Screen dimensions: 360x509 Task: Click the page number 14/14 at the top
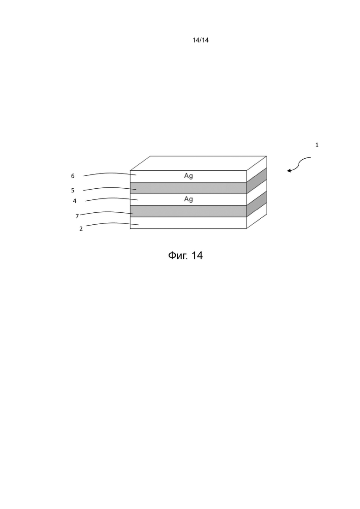click(201, 40)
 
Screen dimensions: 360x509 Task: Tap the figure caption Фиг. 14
click(186, 256)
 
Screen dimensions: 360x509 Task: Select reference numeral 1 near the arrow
click(317, 145)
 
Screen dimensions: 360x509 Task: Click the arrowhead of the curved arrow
click(288, 170)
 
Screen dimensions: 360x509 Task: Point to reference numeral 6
click(73, 176)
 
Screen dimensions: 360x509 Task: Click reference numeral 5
click(73, 191)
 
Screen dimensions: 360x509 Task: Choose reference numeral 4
click(75, 201)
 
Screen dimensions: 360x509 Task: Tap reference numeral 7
click(77, 216)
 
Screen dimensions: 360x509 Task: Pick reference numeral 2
click(81, 229)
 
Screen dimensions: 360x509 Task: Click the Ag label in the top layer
click(188, 176)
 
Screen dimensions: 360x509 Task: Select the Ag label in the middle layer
click(188, 199)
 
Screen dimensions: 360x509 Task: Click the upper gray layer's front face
click(188, 188)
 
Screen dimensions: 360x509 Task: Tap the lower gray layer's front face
click(188, 211)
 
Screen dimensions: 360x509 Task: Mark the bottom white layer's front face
click(188, 223)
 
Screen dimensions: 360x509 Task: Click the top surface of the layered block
click(198, 163)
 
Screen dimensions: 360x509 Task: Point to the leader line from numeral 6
click(110, 174)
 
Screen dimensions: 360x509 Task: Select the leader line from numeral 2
click(112, 223)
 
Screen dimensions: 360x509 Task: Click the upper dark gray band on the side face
click(257, 181)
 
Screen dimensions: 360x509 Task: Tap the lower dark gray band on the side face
click(257, 204)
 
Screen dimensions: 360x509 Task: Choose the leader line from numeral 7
click(107, 213)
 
